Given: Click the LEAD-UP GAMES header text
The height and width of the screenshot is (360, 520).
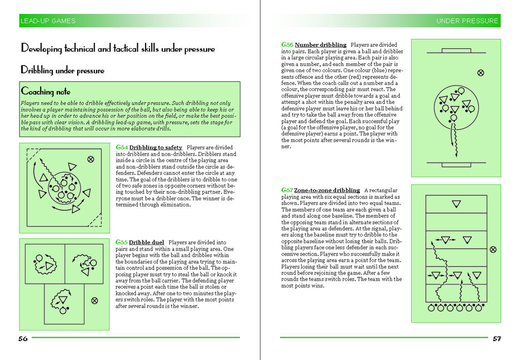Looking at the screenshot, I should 47,21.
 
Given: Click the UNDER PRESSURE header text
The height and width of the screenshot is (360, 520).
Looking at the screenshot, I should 467,21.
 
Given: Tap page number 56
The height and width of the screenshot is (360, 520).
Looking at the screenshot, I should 23,338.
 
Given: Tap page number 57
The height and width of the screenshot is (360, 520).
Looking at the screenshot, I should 497,338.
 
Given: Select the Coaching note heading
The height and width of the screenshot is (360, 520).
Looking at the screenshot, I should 46,91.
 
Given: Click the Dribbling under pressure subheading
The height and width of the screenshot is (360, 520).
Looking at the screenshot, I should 62,71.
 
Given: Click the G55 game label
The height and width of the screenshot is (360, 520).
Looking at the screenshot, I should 121,242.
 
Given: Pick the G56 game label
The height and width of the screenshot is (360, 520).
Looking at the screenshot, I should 287,44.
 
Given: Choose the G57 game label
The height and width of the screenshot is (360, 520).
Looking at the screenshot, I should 287,190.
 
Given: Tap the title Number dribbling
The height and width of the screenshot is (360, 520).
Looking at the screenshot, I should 321,44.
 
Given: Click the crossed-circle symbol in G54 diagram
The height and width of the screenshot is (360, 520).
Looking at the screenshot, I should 91,159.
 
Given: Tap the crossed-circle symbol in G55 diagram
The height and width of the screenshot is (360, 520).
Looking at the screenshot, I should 94,301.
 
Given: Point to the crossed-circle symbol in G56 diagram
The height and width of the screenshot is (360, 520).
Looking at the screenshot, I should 481,73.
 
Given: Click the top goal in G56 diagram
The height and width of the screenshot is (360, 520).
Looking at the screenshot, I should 456,51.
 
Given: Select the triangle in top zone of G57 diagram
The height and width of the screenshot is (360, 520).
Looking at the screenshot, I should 456,204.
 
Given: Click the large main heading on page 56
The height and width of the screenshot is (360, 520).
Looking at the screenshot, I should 118,49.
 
